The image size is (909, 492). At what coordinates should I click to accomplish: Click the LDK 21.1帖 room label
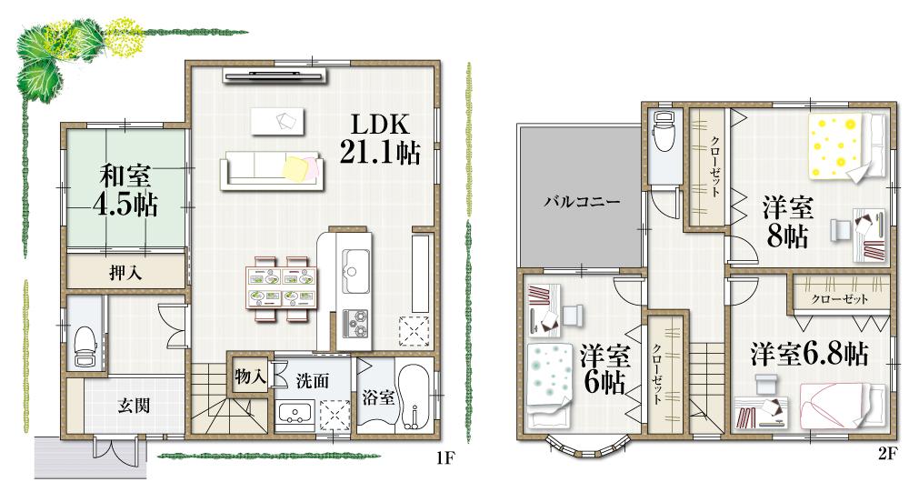pyautogui.click(x=379, y=140)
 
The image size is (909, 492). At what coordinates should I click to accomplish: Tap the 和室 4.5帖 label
pyautogui.click(x=125, y=189)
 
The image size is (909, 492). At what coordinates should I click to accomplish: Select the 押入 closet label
pyautogui.click(x=125, y=271)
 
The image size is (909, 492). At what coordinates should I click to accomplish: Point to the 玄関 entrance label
pyautogui.click(x=134, y=407)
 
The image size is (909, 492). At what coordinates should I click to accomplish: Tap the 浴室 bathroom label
pyautogui.click(x=378, y=397)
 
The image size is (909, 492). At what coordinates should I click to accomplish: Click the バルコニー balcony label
pyautogui.click(x=583, y=202)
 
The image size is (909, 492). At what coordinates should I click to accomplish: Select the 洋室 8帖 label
pyautogui.click(x=788, y=221)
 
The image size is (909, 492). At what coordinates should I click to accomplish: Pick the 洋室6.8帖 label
pyautogui.click(x=808, y=353)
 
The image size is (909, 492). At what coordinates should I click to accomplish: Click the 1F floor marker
pyautogui.click(x=443, y=457)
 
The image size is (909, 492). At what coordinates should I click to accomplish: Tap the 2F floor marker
pyautogui.click(x=887, y=452)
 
